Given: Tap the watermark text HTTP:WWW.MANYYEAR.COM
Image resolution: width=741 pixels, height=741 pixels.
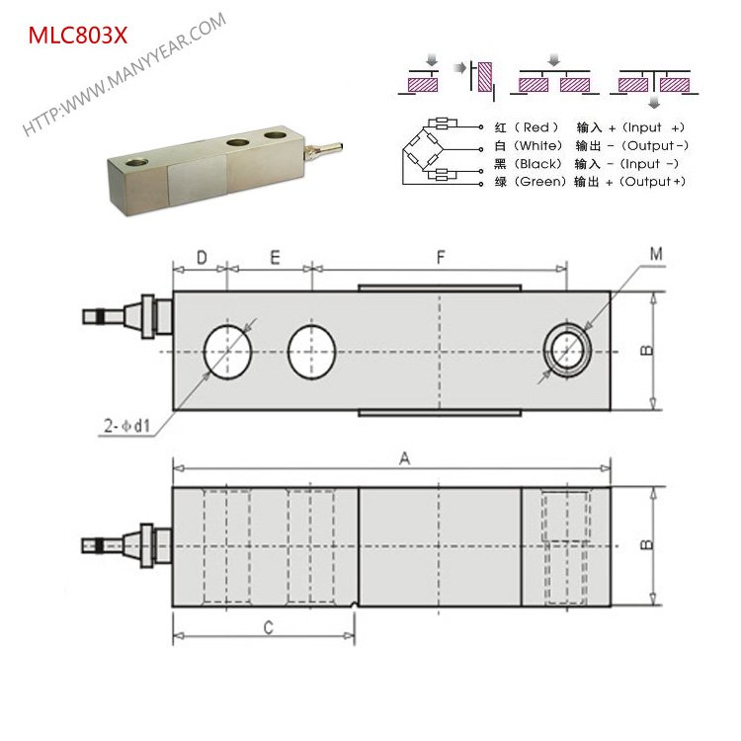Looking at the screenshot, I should point(124,74).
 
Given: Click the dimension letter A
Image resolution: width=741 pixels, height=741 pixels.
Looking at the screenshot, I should point(402,458).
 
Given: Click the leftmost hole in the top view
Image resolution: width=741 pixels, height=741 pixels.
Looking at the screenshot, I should point(228,351).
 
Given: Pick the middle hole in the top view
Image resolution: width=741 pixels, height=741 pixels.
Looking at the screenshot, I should point(312,351).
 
